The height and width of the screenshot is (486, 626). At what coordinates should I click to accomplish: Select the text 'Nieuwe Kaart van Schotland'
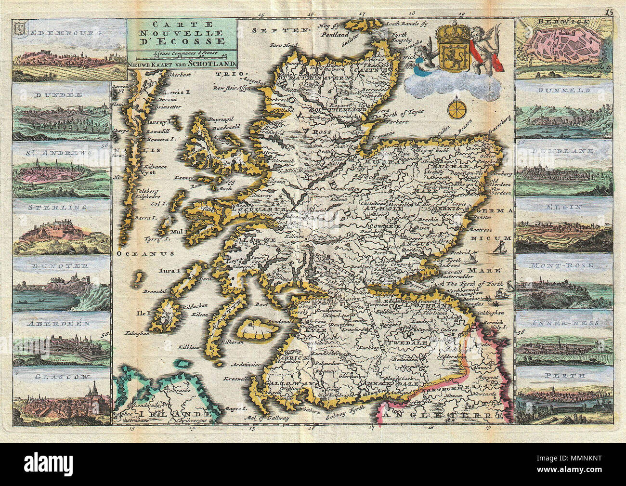coord(181,63)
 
